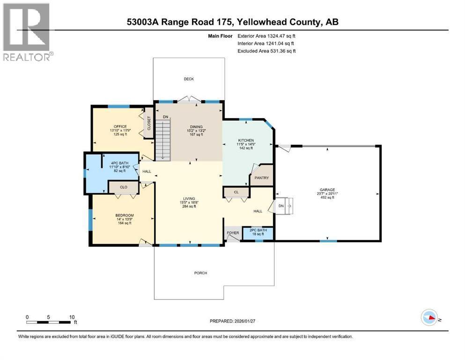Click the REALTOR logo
pos(27,32)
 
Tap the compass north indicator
pos(429,318)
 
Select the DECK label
pos(188,79)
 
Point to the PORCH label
pos(200,273)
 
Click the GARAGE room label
pos(328,190)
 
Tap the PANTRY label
pos(261,178)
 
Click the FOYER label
pos(233,232)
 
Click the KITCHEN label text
pos(246,141)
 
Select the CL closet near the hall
pos(236,192)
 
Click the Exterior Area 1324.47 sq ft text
pos(266,35)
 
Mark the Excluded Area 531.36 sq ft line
pos(266,51)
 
